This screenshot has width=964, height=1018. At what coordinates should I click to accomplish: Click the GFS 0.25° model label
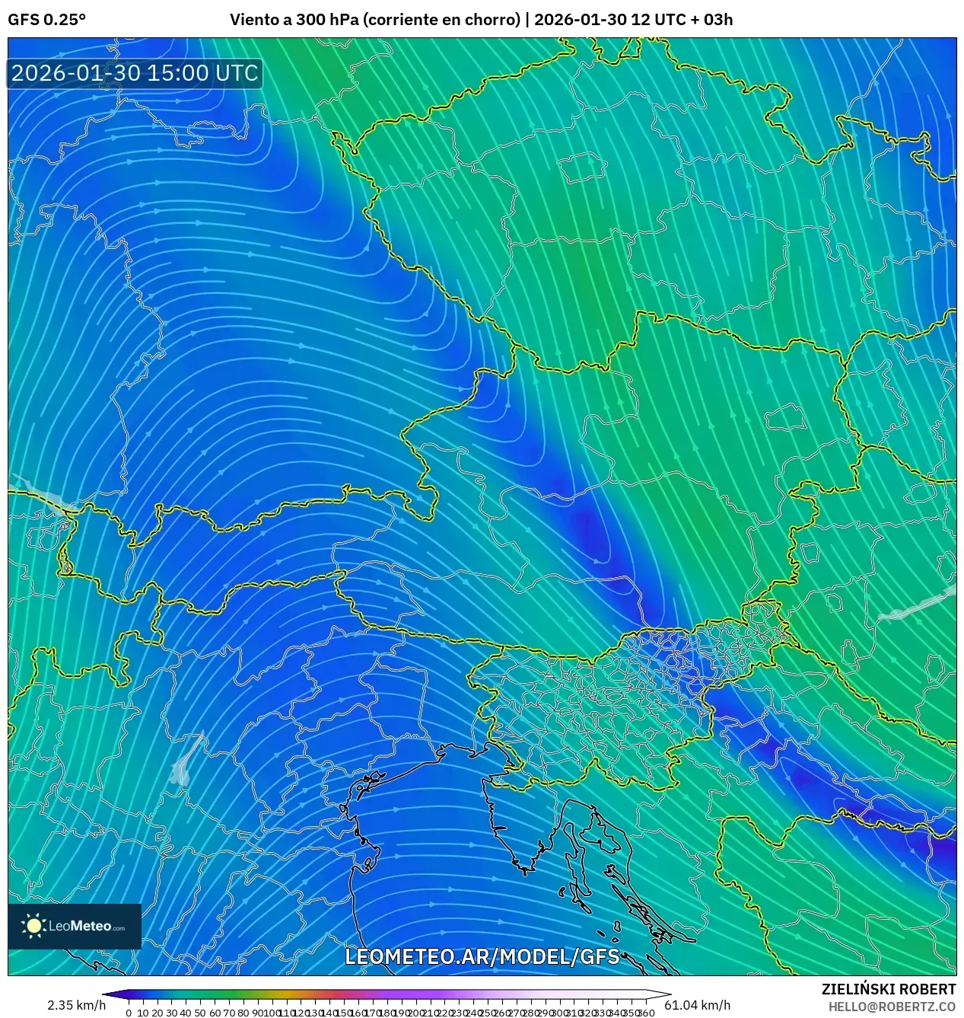tap(46, 20)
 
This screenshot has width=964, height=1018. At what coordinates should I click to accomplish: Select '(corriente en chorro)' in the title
tap(441, 20)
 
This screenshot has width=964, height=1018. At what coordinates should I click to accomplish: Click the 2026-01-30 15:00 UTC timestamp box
tap(135, 73)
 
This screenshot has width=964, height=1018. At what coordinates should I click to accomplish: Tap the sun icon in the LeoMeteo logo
tap(34, 926)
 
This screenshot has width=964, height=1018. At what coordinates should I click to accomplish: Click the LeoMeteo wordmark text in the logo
tap(85, 927)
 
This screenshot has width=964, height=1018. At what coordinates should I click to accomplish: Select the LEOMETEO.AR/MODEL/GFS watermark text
tap(482, 956)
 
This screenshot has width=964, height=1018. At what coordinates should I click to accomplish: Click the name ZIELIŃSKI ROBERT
tap(888, 989)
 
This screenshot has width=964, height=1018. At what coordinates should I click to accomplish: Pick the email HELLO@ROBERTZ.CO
tap(892, 1007)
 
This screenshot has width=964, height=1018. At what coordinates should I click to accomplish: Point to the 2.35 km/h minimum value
tap(76, 1005)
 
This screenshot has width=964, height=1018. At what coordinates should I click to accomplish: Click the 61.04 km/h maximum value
tap(697, 1005)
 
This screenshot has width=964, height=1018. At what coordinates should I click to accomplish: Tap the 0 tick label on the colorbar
tap(129, 1013)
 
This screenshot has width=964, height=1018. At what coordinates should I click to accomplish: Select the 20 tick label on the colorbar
tap(157, 1013)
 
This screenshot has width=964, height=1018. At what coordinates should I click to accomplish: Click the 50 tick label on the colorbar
tap(200, 1013)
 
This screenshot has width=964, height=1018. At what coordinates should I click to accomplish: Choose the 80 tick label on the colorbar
tap(243, 1013)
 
